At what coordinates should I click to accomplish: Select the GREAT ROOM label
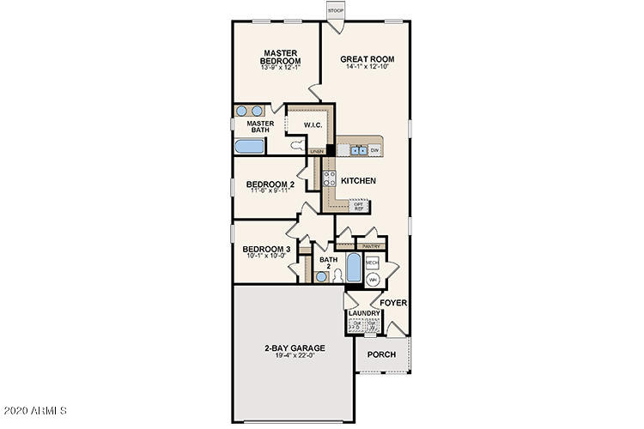(x=361, y=59)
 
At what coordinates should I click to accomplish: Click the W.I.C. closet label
(x=312, y=126)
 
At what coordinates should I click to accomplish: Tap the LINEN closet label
(x=316, y=151)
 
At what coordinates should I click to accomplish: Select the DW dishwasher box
(x=374, y=150)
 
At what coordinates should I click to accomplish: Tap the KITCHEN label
(x=358, y=181)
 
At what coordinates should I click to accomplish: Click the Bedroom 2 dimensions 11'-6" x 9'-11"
(x=270, y=191)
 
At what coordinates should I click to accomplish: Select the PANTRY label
(x=372, y=245)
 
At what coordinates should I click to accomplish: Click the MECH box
(x=373, y=262)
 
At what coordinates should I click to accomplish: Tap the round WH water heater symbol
(x=373, y=280)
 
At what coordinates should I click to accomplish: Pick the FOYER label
(x=393, y=303)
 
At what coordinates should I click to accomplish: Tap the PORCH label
(x=380, y=353)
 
